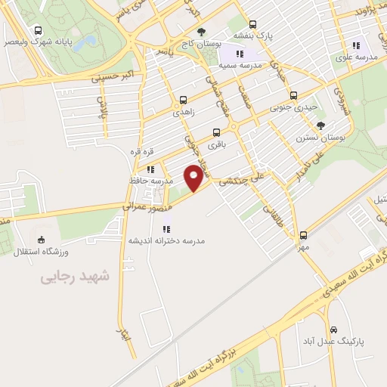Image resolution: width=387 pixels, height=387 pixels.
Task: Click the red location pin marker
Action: pyautogui.click(x=194, y=177)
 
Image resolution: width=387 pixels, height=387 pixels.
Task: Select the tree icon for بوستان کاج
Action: pyautogui.click(x=201, y=32)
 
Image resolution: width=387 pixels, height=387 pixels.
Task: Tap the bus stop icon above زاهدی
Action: pyautogui.click(x=183, y=100)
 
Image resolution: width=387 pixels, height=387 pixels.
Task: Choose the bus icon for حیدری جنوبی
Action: pyautogui.click(x=293, y=96)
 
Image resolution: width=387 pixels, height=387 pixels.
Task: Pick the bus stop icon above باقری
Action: pyautogui.click(x=218, y=130)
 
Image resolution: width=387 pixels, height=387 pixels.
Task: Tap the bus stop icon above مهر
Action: pyautogui.click(x=303, y=235)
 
